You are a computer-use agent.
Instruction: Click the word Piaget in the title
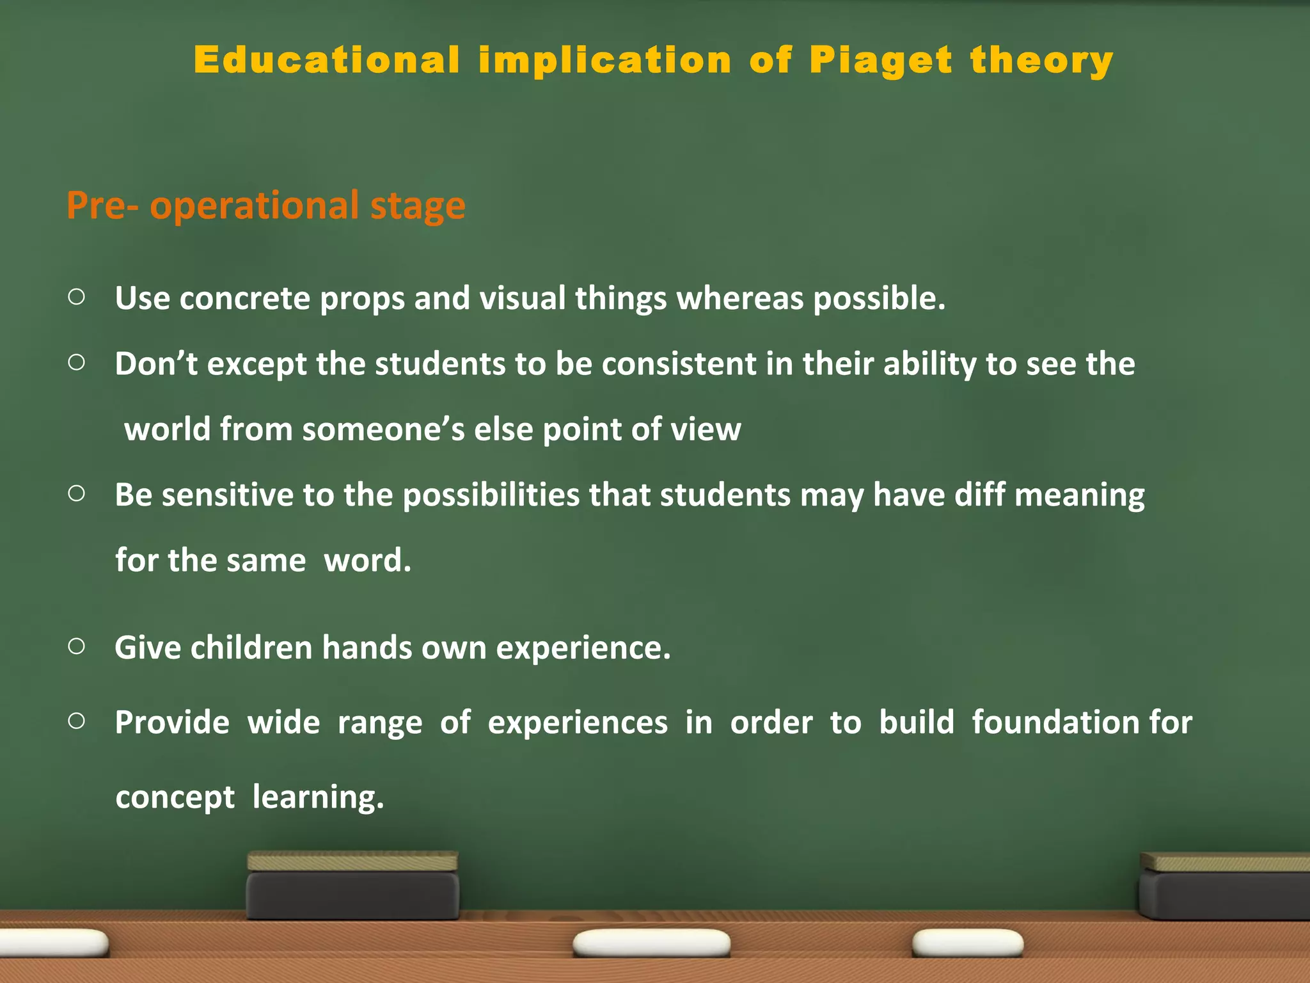pos(881,61)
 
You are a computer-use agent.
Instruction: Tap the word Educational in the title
pos(327,60)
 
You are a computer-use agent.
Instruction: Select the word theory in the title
pos(1042,61)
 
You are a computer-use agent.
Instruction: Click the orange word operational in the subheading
pos(254,206)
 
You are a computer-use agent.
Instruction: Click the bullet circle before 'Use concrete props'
pos(76,297)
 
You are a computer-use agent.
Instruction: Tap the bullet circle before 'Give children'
pos(76,646)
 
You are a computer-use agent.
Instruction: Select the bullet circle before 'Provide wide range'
pos(76,721)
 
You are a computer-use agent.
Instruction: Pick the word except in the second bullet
pos(256,364)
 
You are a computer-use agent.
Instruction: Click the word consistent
pos(679,364)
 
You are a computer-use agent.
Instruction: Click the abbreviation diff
pos(979,495)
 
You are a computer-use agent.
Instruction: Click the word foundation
pos(1056,723)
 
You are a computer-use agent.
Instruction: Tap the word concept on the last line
pos(175,797)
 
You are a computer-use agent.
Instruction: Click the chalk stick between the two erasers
pos(651,943)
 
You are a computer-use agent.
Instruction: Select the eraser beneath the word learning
pos(352,887)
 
